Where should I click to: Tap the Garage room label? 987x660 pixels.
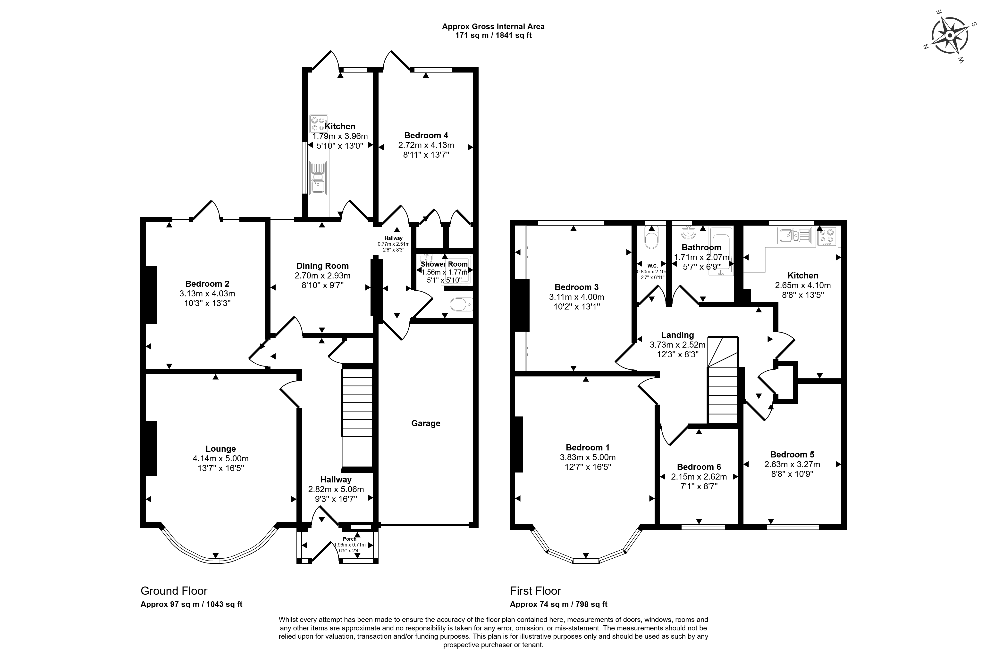point(425,424)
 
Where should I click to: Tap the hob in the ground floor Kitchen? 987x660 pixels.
point(319,124)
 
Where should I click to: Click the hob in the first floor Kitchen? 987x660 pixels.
point(827,236)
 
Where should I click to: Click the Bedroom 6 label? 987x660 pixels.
point(699,467)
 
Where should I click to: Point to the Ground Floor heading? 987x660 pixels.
point(174,591)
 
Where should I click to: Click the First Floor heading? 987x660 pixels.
point(535,591)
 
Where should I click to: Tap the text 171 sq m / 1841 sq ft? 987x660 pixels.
point(493,35)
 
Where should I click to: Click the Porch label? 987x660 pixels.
point(350,539)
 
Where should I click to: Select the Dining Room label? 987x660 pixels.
point(323,266)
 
